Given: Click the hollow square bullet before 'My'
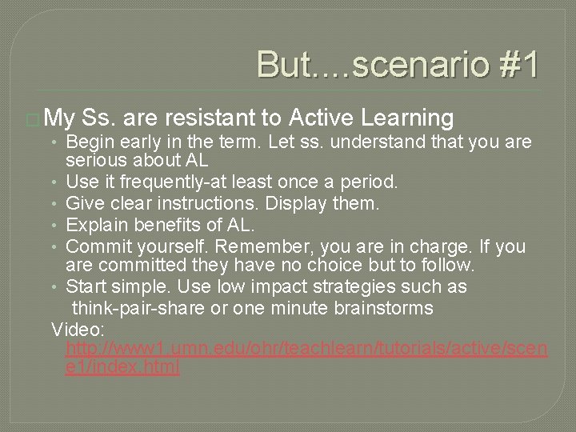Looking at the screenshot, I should pos(34,120).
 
